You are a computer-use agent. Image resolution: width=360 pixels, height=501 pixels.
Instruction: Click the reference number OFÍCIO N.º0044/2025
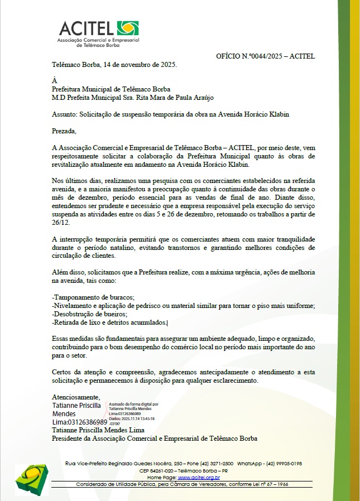(265, 56)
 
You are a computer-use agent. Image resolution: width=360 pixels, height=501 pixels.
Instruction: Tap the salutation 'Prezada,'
(63, 131)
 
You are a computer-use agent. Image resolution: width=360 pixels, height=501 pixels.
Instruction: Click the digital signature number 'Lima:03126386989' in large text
(79, 422)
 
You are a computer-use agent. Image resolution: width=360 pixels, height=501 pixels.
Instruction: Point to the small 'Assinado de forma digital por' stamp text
(133, 403)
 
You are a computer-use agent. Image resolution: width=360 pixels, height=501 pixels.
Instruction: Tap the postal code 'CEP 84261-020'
(159, 471)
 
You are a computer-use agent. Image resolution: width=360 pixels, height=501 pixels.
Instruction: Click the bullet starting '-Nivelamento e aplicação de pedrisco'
(183, 305)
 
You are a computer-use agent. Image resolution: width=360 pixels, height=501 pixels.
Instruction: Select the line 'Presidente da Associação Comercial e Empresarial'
(154, 439)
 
